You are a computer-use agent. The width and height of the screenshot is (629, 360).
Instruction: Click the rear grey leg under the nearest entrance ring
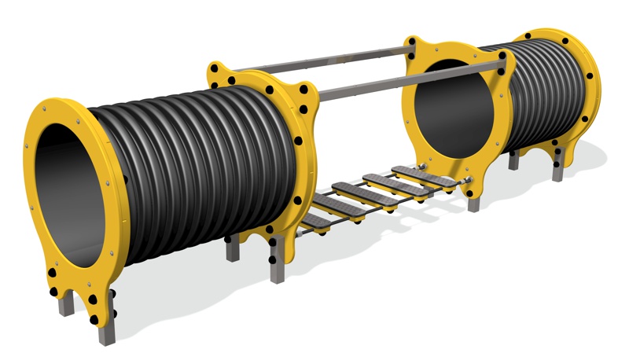tap(67, 303)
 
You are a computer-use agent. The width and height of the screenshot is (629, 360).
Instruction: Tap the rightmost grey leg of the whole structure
tap(557, 169)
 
